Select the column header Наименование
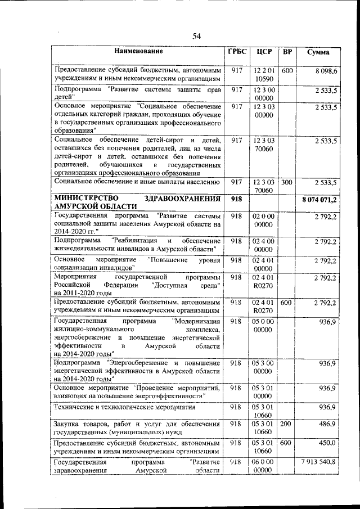tap(138, 52)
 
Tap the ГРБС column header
tap(237, 52)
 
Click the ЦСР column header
tap(263, 52)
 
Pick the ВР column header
tap(287, 52)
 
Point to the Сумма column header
tap(318, 52)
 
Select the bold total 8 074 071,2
tap(319, 200)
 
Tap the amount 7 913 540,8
tap(318, 462)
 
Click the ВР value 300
tap(287, 182)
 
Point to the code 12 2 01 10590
tap(263, 75)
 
